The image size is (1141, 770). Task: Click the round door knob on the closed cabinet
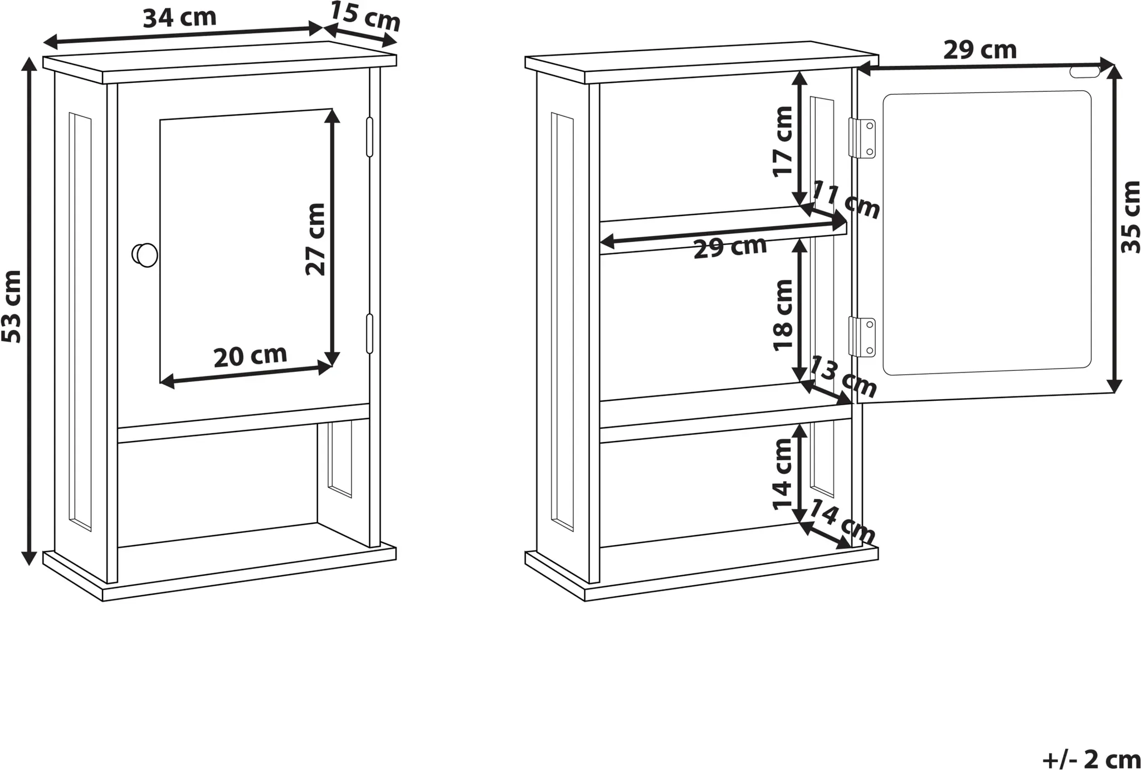(145, 255)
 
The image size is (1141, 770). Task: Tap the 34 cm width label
(179, 18)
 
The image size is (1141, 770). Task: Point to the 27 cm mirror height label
(315, 239)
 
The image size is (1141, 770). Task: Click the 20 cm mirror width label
(251, 356)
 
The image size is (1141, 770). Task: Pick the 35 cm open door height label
(1130, 217)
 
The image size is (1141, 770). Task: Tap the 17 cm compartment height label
(783, 141)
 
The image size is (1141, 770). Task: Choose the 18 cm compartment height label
(783, 315)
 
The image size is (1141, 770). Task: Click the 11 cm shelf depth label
(846, 200)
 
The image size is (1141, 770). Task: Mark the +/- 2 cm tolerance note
(1091, 759)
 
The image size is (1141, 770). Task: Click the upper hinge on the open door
(861, 139)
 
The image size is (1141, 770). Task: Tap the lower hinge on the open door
(861, 337)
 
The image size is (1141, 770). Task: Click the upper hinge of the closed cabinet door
(369, 137)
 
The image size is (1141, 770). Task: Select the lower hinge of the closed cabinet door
(369, 333)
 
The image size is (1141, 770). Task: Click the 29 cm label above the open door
(980, 51)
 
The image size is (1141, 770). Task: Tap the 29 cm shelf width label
(730, 248)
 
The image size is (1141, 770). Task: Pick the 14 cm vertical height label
(783, 474)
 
